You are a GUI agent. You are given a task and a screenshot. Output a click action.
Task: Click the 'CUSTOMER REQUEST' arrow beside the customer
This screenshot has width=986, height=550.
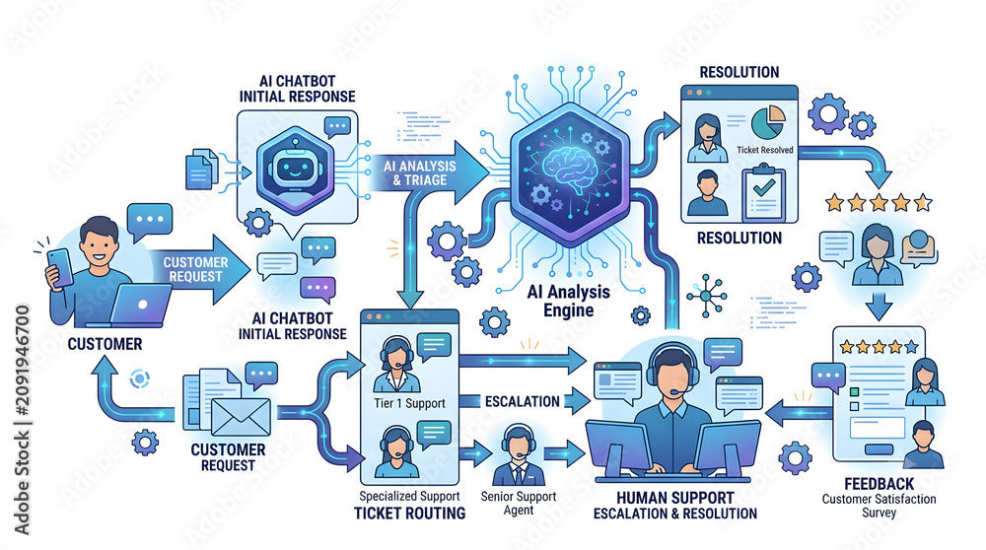(199, 270)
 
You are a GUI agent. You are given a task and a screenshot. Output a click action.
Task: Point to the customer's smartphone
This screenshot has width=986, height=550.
(60, 268)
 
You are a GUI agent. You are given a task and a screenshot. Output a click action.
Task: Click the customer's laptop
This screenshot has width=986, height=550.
(140, 306)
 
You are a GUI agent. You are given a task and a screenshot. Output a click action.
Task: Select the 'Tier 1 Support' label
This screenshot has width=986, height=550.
(409, 403)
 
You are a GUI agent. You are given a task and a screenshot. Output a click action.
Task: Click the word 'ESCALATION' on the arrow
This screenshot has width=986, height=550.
(522, 401)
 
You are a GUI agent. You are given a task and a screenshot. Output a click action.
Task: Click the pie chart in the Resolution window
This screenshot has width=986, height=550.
(768, 122)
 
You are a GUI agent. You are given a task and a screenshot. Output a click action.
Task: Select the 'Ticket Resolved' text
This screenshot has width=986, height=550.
(765, 150)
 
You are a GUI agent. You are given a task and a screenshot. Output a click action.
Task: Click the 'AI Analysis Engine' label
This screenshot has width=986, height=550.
(569, 301)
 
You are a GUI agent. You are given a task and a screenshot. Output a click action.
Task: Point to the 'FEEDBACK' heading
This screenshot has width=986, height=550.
(880, 484)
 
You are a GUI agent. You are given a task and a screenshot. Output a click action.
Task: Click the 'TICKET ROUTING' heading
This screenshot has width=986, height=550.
(409, 514)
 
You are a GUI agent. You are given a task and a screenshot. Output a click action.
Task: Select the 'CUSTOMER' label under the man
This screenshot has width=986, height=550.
(106, 344)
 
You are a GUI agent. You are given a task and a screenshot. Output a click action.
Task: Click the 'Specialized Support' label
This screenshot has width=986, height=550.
(409, 497)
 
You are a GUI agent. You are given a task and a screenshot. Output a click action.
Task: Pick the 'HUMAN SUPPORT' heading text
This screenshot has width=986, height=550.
(674, 498)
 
